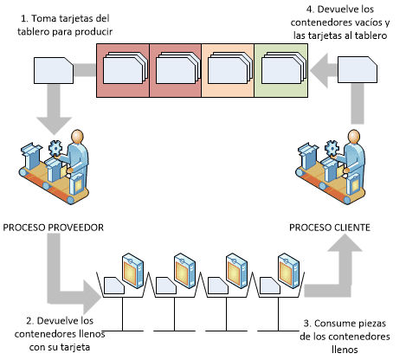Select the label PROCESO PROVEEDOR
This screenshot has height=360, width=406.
(x=54, y=228)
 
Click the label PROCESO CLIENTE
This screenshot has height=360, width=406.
(x=330, y=228)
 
